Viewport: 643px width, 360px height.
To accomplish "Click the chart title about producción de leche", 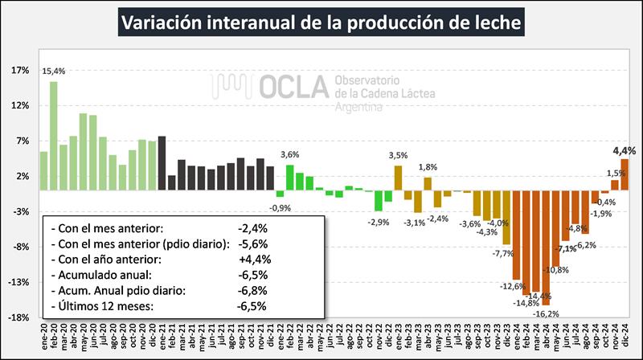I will (x=321, y=22).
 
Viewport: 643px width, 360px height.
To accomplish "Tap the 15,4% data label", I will (x=54, y=72).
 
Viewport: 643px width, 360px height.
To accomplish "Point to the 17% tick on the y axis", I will (x=20, y=70).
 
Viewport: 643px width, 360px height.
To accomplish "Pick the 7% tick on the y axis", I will (x=23, y=141).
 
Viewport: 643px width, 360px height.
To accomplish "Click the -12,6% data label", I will (x=511, y=285).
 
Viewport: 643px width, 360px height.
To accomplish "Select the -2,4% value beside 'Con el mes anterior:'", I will (x=252, y=228).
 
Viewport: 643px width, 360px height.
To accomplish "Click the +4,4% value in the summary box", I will (x=254, y=260).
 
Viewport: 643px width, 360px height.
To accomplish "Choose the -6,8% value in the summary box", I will (x=252, y=290).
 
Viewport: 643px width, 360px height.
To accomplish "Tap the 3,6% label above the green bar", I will (x=289, y=155).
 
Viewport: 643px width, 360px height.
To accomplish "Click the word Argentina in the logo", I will (x=358, y=106).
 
